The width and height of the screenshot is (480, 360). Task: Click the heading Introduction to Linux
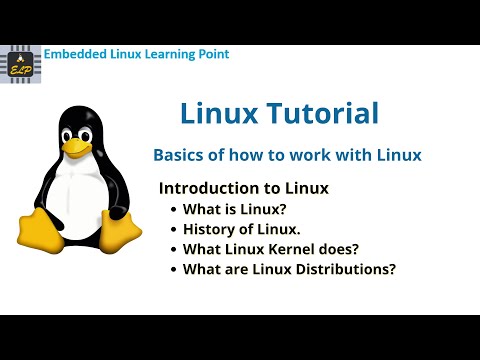coord(244,188)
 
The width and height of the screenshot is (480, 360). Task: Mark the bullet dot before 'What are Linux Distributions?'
coord(173,269)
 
